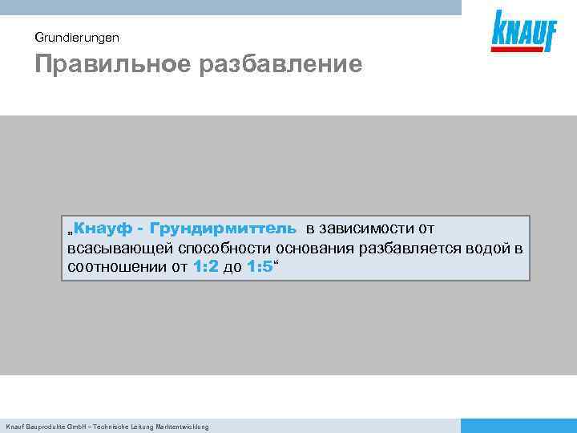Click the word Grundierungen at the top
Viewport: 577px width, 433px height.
pos(77,37)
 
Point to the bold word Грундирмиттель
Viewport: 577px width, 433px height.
pos(222,230)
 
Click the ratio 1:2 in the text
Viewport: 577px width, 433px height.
pos(206,267)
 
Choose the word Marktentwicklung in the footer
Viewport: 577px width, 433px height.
pos(181,427)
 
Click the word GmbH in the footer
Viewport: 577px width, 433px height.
pos(75,427)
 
